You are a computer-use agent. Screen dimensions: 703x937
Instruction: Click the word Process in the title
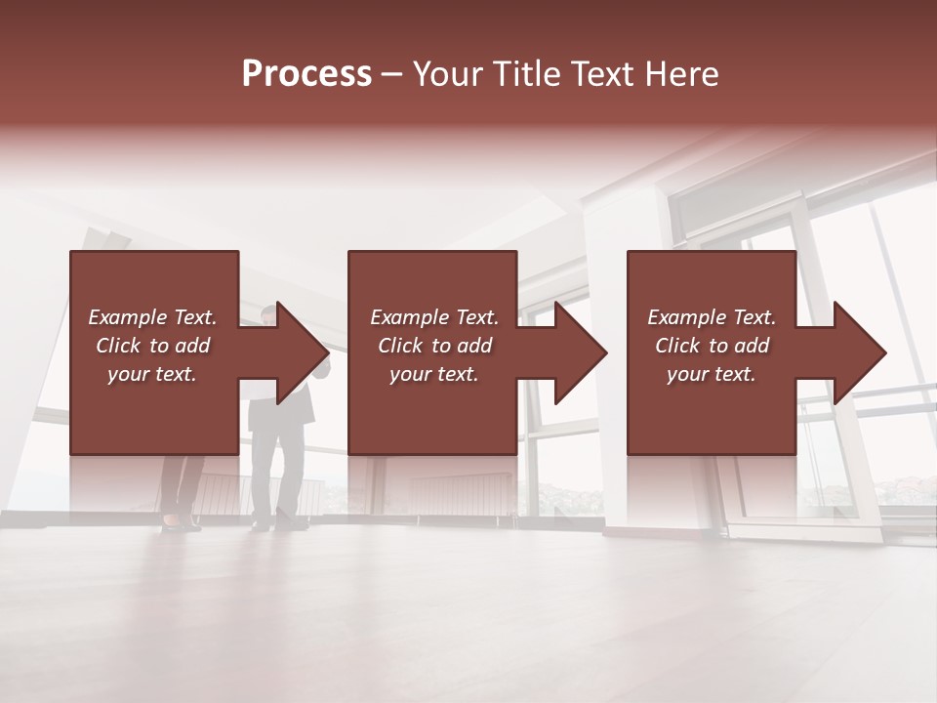tap(306, 74)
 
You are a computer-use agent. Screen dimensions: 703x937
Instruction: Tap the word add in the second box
tap(474, 346)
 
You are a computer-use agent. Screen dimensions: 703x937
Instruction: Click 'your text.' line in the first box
tap(152, 374)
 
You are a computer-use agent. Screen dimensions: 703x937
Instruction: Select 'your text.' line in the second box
tap(433, 374)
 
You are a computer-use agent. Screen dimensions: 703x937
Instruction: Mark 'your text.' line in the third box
tap(712, 374)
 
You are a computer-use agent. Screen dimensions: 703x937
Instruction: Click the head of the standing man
tap(269, 313)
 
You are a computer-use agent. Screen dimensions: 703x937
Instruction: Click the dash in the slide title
tap(392, 75)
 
